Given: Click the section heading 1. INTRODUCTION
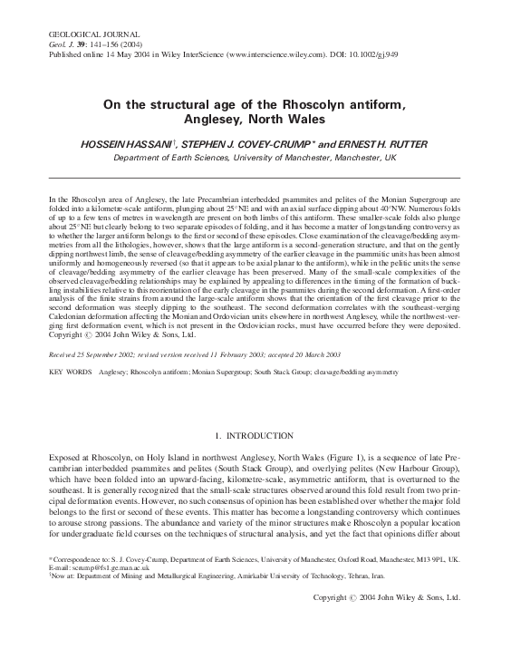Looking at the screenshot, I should point(256,436).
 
